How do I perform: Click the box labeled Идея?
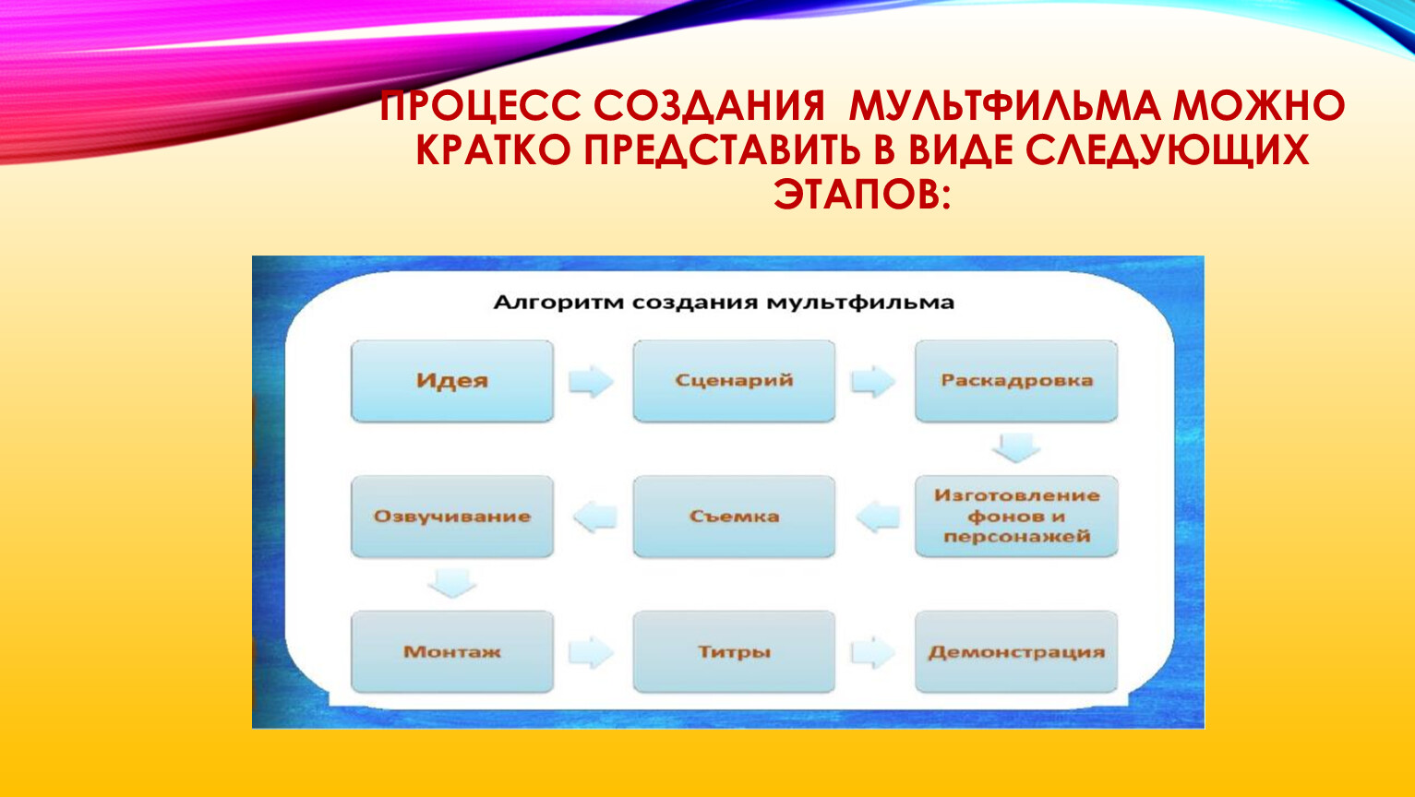(452, 381)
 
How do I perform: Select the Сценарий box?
(734, 381)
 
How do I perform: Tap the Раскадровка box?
(1016, 381)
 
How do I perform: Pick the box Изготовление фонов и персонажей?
(1016, 517)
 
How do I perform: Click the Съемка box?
(734, 517)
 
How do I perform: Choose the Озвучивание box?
(452, 517)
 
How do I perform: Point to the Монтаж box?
(452, 652)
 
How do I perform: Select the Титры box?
(734, 652)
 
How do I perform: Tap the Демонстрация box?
(1016, 652)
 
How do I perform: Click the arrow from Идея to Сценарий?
(592, 381)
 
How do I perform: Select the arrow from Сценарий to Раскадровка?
(873, 381)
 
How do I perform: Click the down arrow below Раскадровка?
(1016, 447)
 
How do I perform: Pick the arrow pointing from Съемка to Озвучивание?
(595, 516)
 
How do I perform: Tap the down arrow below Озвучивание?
(452, 582)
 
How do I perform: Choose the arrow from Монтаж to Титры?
(592, 652)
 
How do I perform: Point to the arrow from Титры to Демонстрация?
(873, 652)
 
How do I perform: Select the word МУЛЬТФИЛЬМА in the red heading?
(1005, 105)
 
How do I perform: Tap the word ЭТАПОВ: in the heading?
(862, 193)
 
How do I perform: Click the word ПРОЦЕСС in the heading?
(480, 105)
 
